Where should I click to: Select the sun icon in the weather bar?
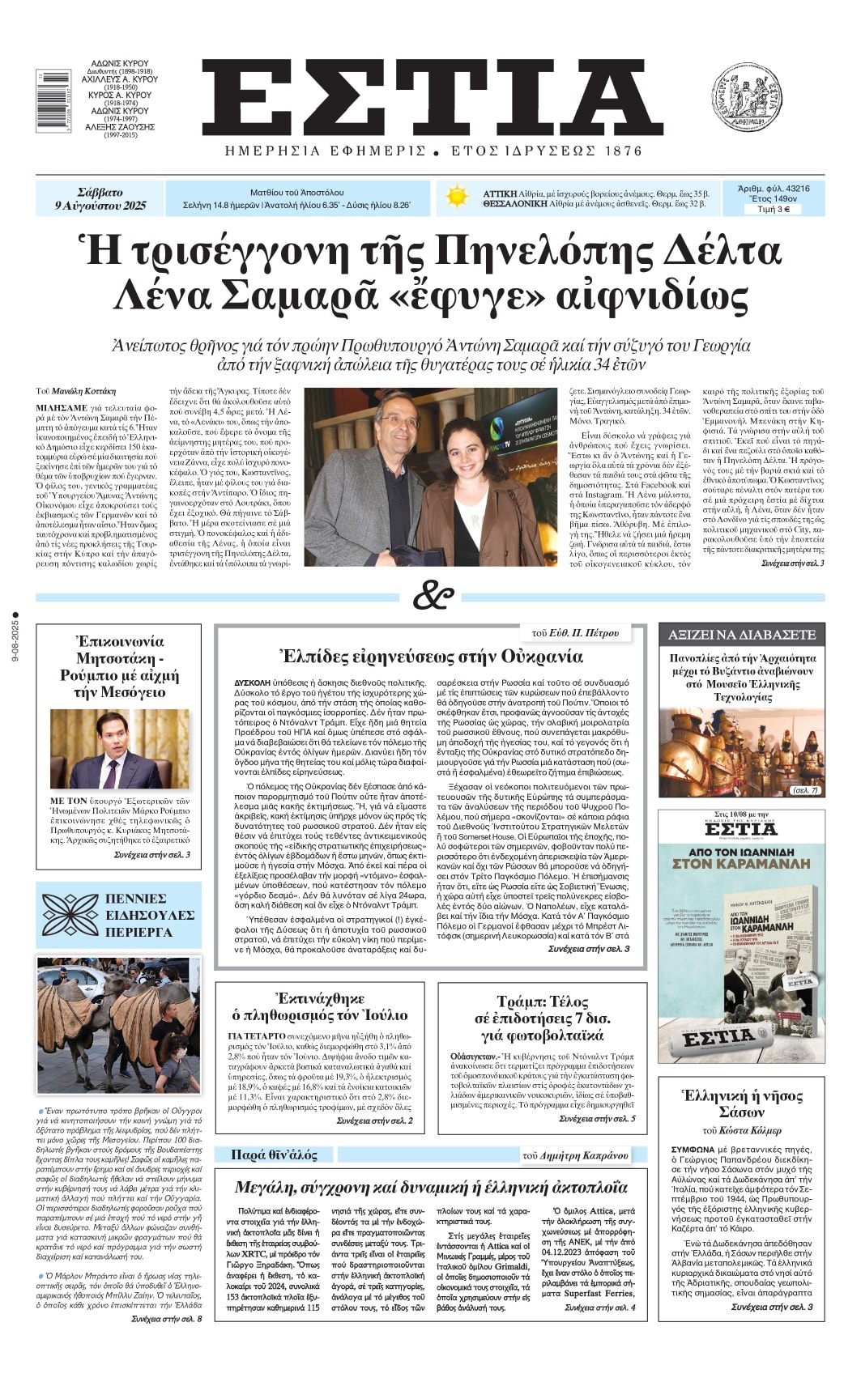(457, 198)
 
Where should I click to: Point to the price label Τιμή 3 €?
(773, 209)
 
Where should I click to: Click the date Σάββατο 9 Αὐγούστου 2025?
(100, 198)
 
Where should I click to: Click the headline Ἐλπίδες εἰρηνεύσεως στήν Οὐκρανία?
(430, 655)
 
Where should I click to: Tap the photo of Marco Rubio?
(119, 749)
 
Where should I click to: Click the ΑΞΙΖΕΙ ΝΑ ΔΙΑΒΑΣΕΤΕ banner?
(741, 634)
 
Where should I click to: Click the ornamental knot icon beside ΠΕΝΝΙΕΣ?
(70, 915)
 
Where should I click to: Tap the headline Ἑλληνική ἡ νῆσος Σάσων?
(742, 1104)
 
